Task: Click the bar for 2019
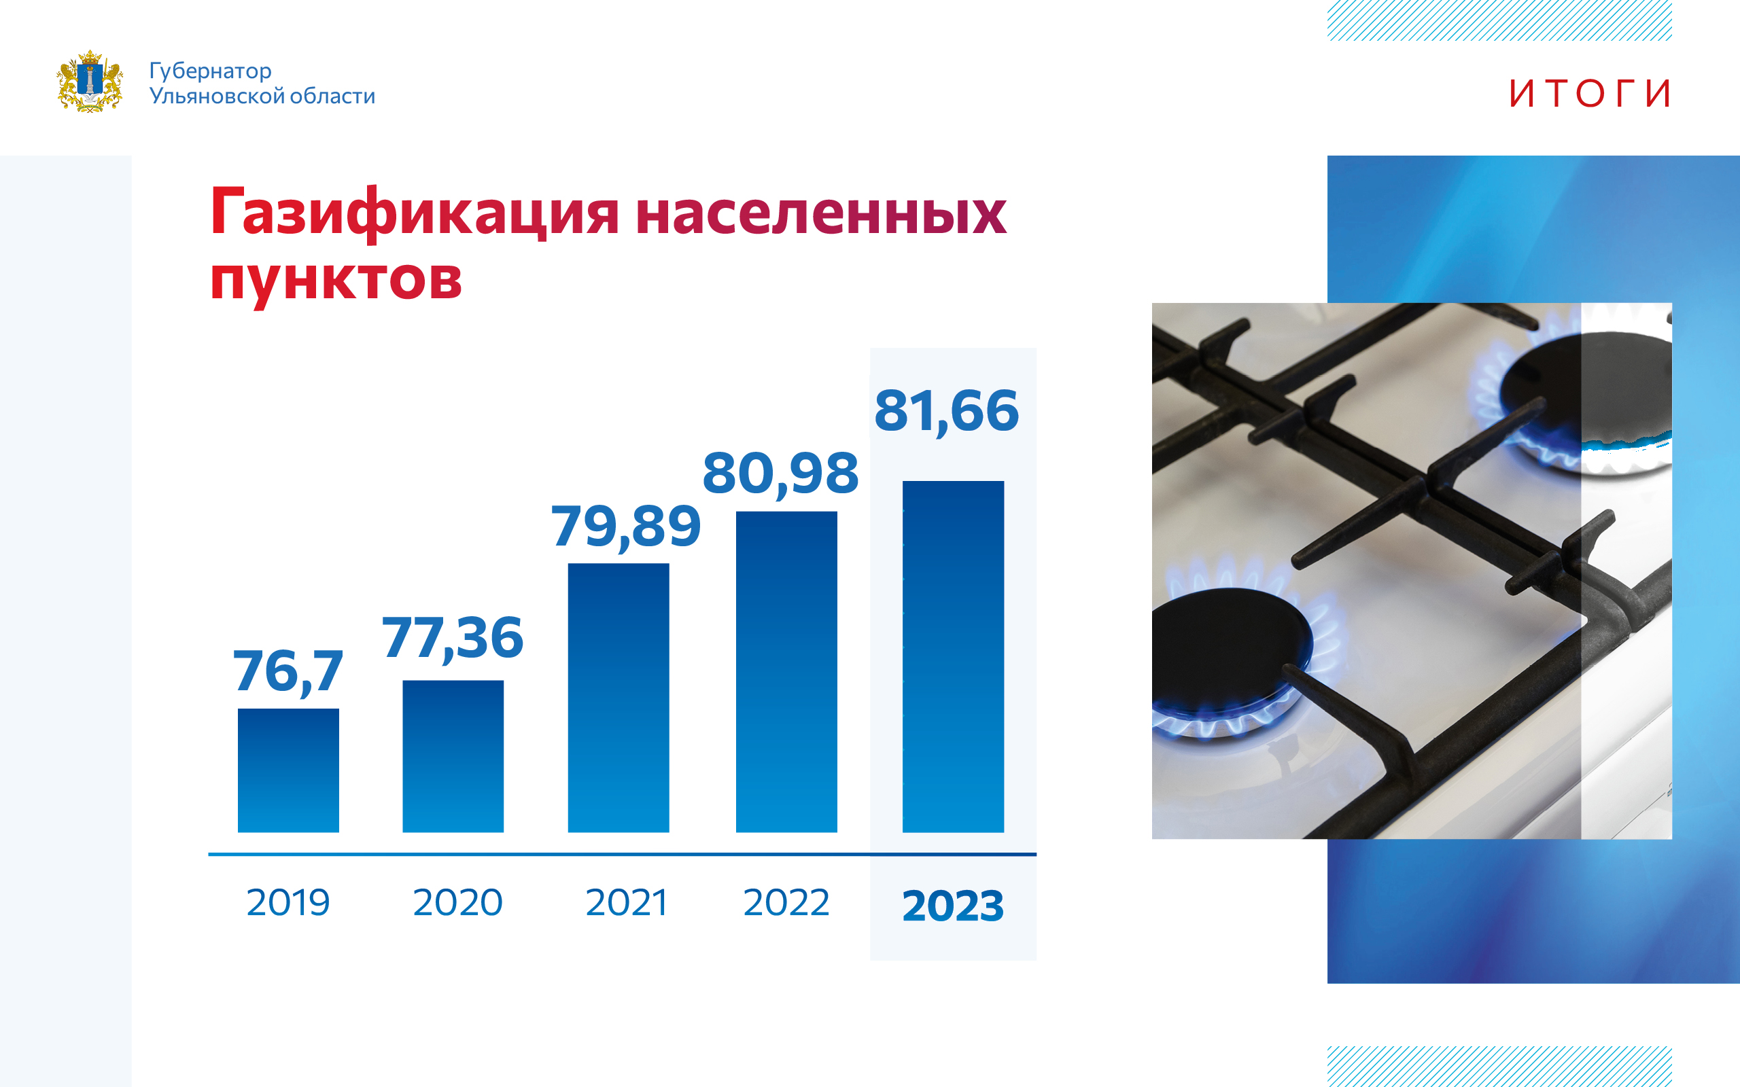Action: [288, 770]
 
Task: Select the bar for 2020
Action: [453, 756]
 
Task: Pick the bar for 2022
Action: [786, 671]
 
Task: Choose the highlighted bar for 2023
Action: [954, 656]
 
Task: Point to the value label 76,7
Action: [288, 671]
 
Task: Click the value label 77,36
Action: [453, 638]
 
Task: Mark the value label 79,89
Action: [626, 527]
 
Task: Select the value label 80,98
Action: [781, 474]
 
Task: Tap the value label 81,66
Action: [947, 411]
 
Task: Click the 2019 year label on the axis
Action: [288, 902]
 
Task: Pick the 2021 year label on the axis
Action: [627, 902]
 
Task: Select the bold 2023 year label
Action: [954, 905]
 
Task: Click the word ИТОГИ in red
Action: [1590, 94]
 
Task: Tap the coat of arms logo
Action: [90, 82]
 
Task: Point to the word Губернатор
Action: [211, 71]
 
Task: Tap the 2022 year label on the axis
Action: [786, 902]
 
